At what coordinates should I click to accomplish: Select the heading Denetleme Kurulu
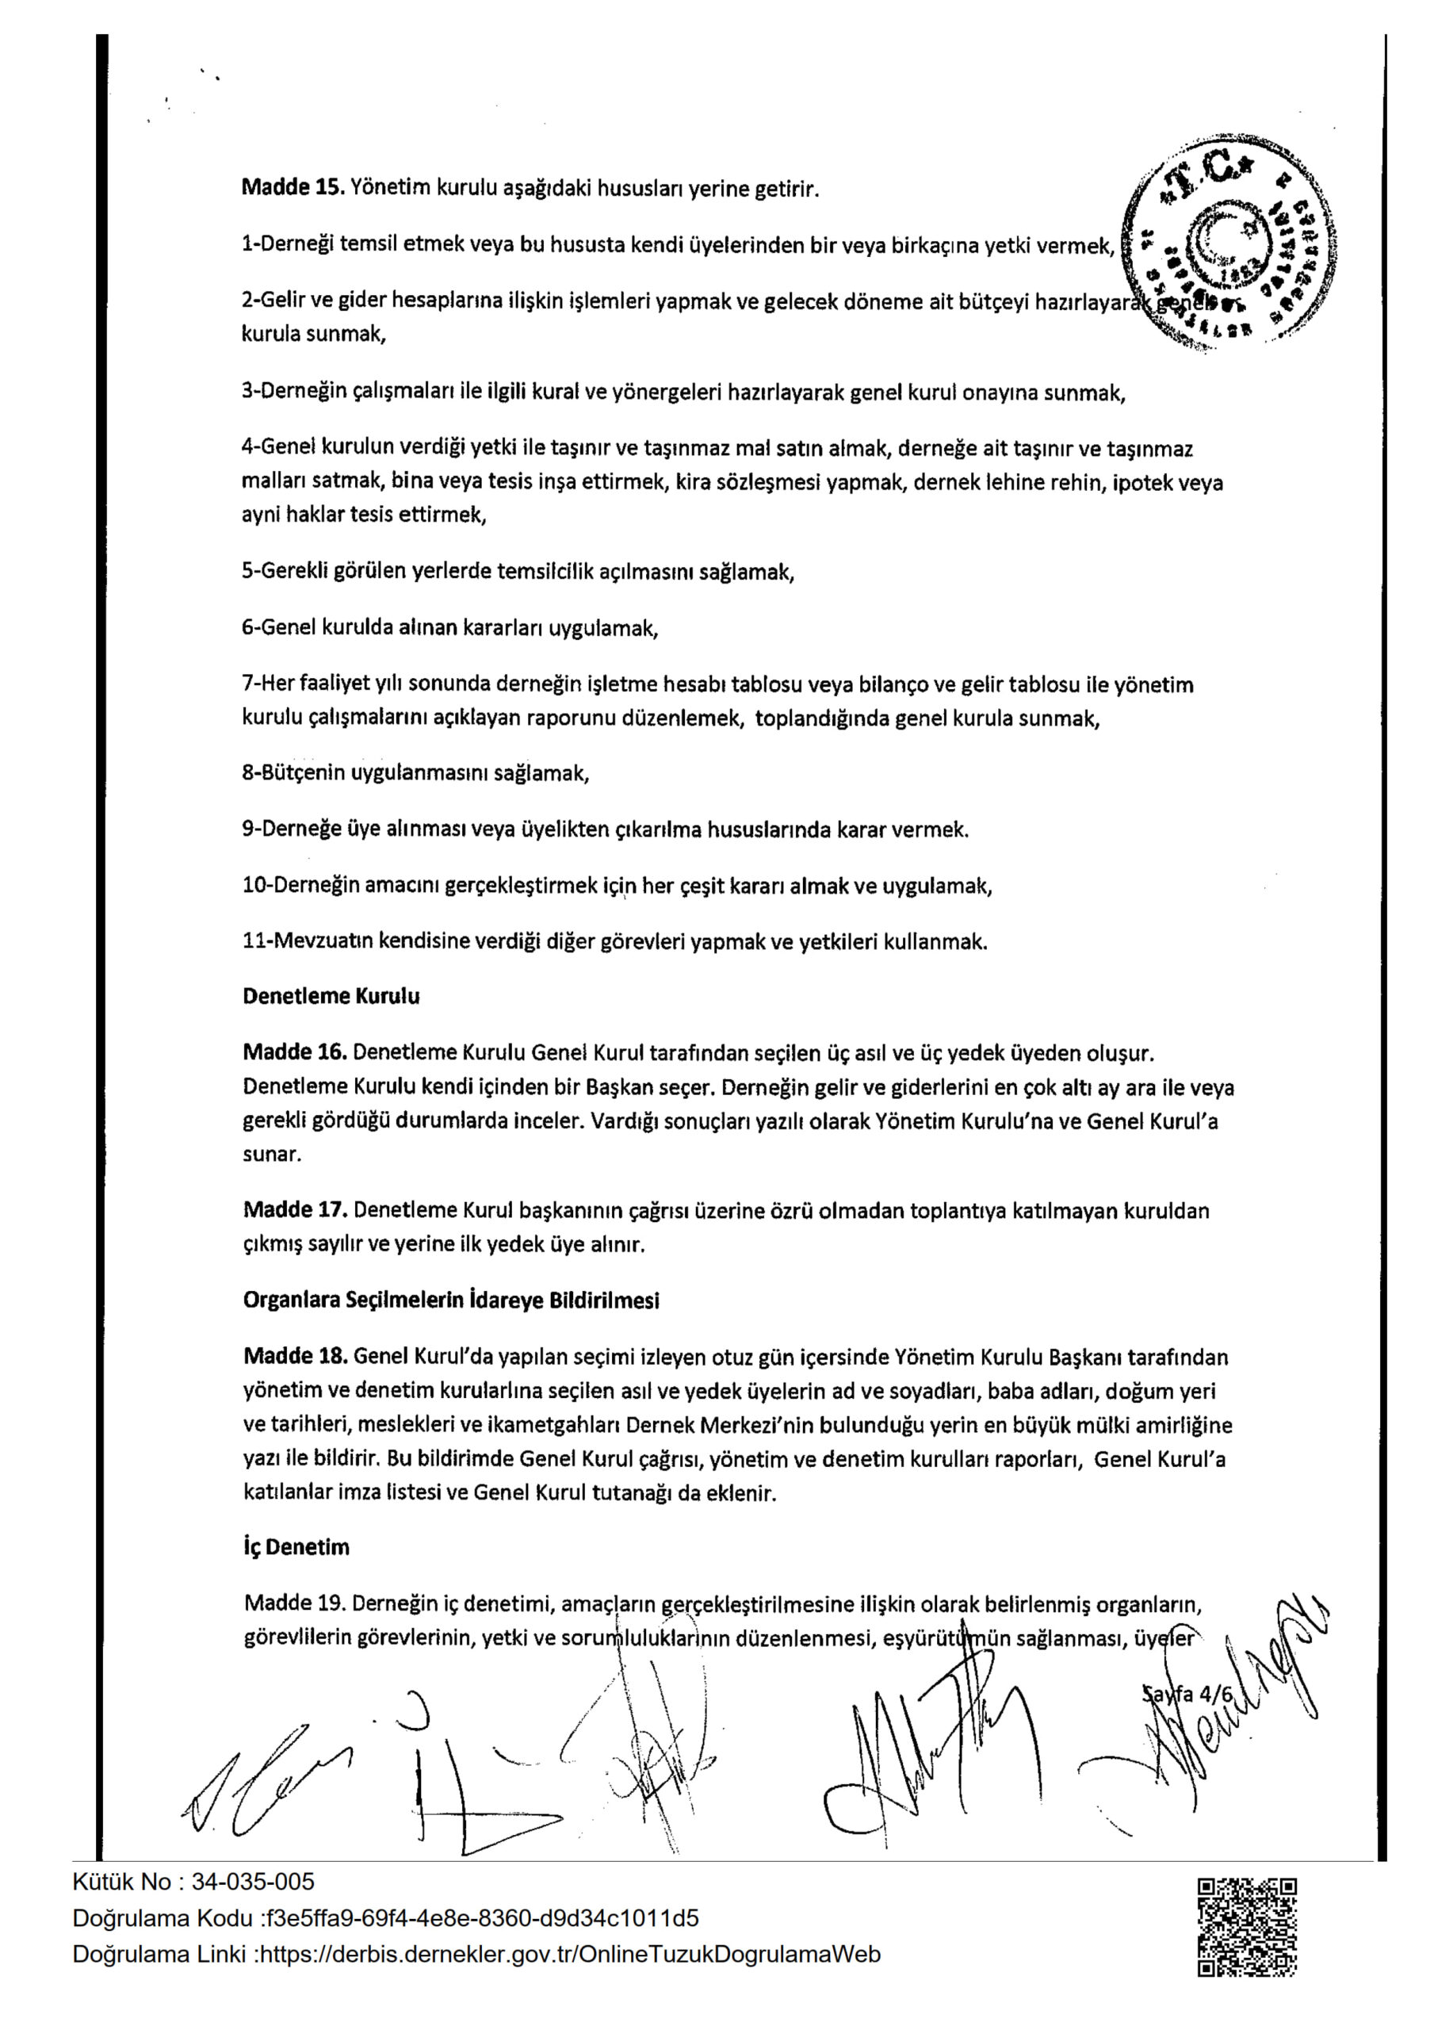pyautogui.click(x=331, y=997)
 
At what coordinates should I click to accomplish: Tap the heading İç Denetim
pyautogui.click(x=296, y=1547)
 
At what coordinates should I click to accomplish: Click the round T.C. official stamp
pyautogui.click(x=1228, y=245)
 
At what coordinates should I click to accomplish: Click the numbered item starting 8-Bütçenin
pyautogui.click(x=415, y=774)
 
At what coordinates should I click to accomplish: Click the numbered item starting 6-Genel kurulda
pyautogui.click(x=450, y=629)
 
